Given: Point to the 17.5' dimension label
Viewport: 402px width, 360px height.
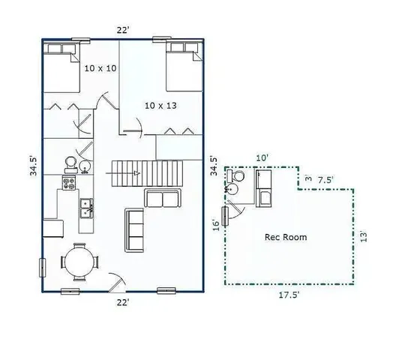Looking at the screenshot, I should (x=289, y=295).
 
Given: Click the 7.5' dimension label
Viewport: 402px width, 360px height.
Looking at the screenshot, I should (x=325, y=180).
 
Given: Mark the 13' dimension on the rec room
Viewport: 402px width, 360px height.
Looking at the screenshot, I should (x=363, y=236).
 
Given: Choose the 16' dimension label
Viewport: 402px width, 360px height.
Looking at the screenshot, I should (x=215, y=223).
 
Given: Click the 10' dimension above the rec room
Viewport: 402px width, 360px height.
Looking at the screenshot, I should (x=262, y=157).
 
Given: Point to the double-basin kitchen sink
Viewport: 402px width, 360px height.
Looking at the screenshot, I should (x=87, y=208).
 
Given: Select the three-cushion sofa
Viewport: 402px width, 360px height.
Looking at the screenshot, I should (x=135, y=229).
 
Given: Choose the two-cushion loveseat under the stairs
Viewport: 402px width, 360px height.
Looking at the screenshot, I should (x=163, y=199).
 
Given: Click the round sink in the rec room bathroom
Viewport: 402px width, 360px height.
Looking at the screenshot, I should (x=232, y=190).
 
